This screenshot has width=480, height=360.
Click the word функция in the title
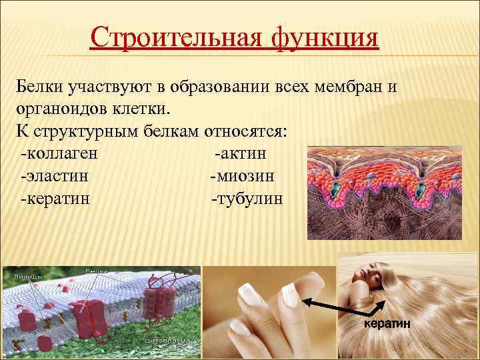coord(325,38)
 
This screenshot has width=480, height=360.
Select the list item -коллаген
coord(60,154)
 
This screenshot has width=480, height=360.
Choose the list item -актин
coord(241,154)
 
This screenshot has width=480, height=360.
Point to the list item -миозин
coord(242,176)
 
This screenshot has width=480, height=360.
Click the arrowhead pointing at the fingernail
coord(307,301)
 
